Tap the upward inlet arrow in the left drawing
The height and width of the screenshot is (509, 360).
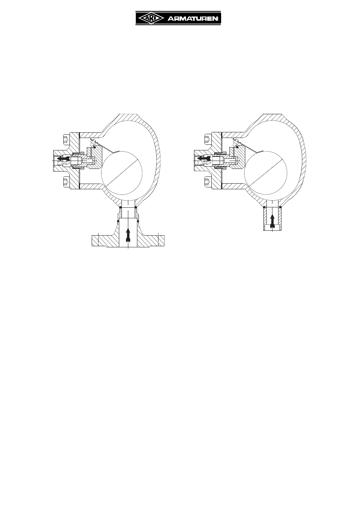[x=128, y=235]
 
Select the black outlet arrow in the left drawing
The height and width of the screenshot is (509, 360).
[x=63, y=159]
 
